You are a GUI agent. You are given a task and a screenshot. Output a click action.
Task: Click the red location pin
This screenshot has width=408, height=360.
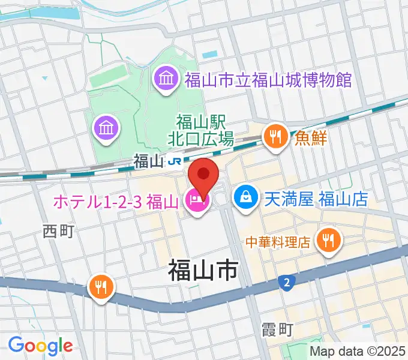pyautogui.click(x=203, y=173)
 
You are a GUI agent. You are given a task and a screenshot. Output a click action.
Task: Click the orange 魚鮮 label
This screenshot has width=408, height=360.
pyautogui.click(x=310, y=138)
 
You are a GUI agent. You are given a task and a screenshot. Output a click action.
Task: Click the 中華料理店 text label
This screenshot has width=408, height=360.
pyautogui.click(x=277, y=242)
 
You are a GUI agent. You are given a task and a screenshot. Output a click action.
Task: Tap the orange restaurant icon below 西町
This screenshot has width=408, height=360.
pyautogui.click(x=100, y=287)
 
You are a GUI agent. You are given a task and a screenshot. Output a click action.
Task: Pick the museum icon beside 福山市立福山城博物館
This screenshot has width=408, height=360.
pyautogui.click(x=165, y=79)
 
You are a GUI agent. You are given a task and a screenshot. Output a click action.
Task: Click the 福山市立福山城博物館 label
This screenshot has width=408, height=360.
pyautogui.click(x=268, y=79)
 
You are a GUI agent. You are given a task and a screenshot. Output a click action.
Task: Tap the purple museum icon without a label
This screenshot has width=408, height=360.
pyautogui.click(x=106, y=128)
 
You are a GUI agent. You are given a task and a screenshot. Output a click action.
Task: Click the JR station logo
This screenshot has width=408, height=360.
pyautogui.click(x=176, y=161)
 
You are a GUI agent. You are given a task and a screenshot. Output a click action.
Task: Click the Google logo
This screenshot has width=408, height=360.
pyautogui.click(x=40, y=346)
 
